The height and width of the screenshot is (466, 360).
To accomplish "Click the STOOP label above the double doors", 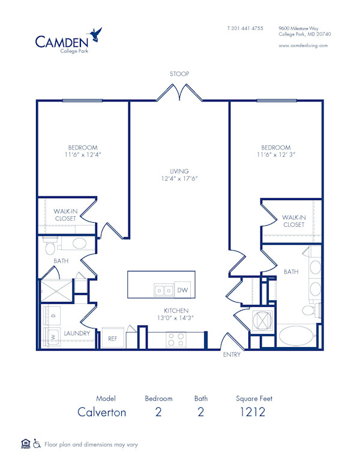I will pyautogui.click(x=179, y=74).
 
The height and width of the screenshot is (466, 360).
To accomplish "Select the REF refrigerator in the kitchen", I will pyautogui.click(x=112, y=338).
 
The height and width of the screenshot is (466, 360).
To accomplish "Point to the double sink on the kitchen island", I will pyautogui.click(x=162, y=291).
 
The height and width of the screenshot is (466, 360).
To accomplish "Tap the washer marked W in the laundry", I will pyautogui.click(x=53, y=337).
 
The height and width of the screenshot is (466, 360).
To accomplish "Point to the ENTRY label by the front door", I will pyautogui.click(x=232, y=355).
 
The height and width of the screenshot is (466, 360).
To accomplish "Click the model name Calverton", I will pyautogui.click(x=102, y=412).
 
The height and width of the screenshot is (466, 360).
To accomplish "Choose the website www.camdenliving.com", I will pyautogui.click(x=303, y=46).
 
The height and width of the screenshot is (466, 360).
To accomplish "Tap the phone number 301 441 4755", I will pyautogui.click(x=248, y=28).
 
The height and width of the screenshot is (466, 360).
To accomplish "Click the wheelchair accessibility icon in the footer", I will pyautogui.click(x=37, y=444).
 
